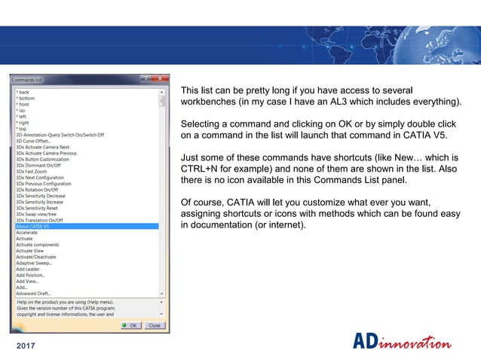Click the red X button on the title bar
click(159, 78)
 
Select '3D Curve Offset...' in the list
click(34, 140)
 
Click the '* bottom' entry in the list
click(26, 97)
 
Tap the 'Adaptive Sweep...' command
click(34, 263)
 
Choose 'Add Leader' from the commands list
click(29, 269)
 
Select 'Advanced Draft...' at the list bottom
click(35, 293)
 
